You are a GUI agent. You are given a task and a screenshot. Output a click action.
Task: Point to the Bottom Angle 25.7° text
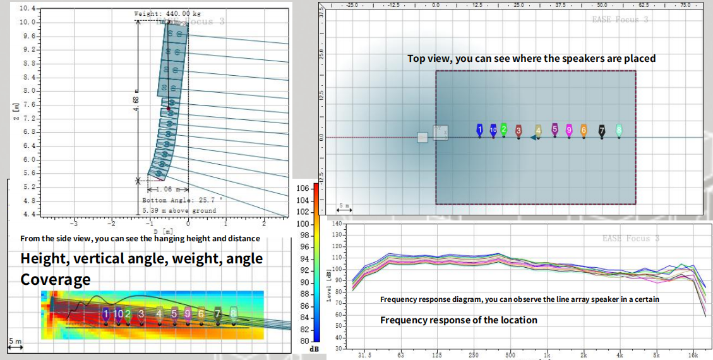pos(182,200)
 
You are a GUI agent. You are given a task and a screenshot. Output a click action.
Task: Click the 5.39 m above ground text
pos(179,210)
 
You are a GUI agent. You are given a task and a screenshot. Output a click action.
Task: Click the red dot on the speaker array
pos(169,109)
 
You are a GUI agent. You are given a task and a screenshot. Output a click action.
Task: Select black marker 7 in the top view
pos(602,131)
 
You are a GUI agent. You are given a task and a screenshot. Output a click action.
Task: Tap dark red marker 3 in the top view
pos(518,131)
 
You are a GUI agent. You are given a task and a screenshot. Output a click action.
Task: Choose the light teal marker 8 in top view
pos(619,130)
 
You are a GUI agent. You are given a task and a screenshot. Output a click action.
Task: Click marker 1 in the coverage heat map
pos(106,314)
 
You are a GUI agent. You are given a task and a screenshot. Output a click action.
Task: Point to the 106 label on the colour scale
pos(302,188)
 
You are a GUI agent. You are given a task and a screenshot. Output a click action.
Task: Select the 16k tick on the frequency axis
pos(693,356)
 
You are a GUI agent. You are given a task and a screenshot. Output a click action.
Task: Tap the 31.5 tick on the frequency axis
pos(365,356)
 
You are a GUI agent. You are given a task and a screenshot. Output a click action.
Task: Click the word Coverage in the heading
pos(56,279)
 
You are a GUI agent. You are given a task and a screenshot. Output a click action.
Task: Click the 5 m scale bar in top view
pos(345,207)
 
